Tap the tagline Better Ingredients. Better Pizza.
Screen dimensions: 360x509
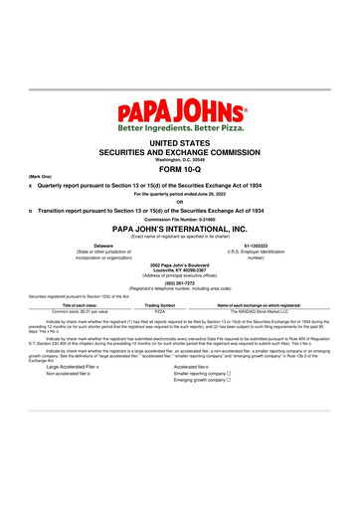point(180,129)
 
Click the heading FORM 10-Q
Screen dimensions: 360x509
point(180,169)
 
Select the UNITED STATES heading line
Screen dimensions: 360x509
point(180,144)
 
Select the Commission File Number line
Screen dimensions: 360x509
point(180,219)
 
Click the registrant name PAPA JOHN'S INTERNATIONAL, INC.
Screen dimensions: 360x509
point(180,228)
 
